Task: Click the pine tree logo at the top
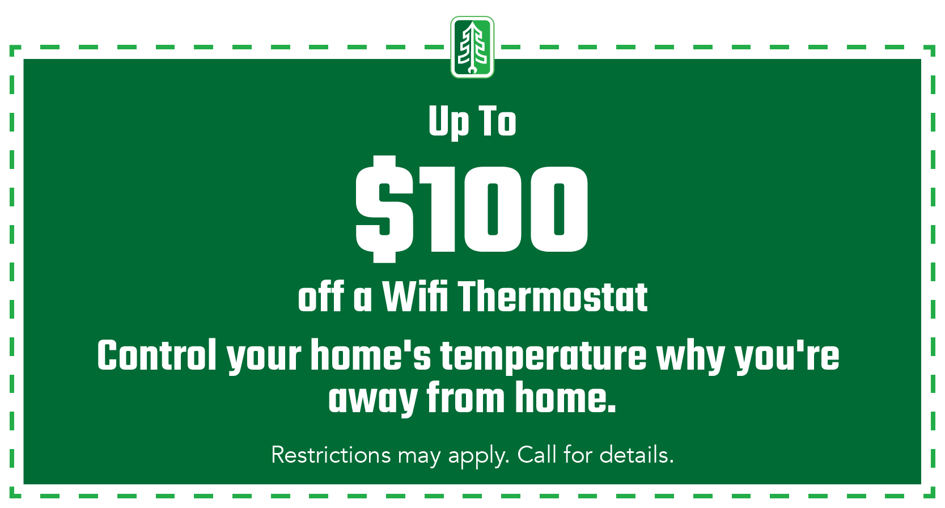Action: click(x=472, y=47)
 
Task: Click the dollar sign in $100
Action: click(x=384, y=209)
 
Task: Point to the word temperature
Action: click(x=544, y=357)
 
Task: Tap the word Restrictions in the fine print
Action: click(x=331, y=455)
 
